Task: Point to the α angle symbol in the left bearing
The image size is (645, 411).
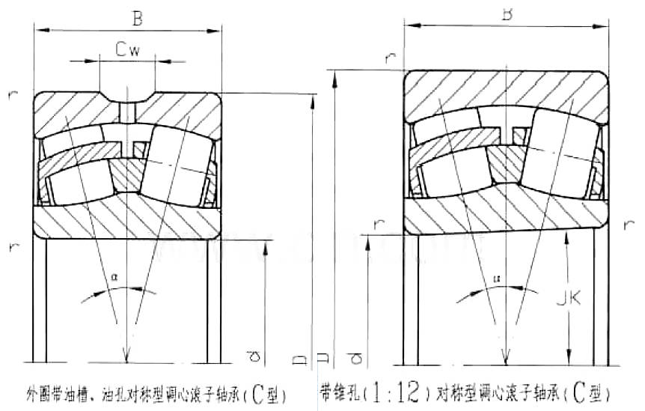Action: click(114, 276)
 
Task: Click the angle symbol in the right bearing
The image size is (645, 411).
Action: click(495, 278)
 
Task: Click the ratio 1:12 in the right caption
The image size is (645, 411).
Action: click(394, 392)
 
